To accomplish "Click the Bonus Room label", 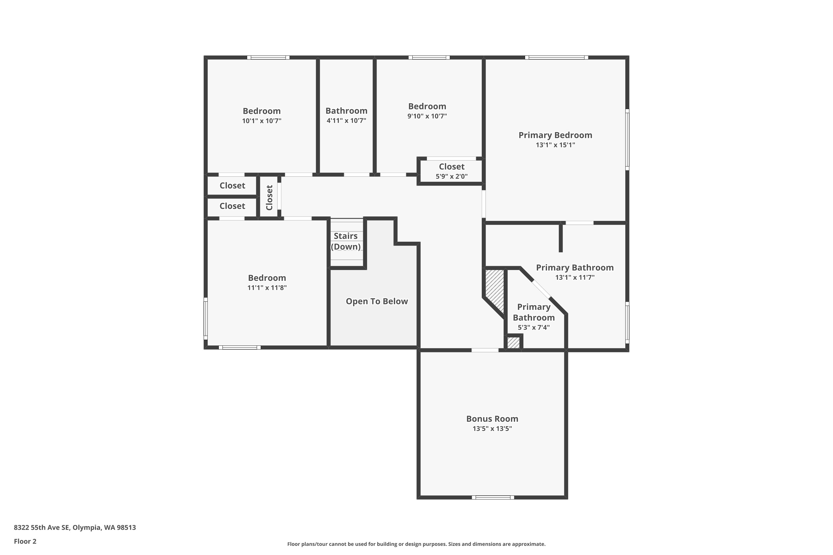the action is (492, 419).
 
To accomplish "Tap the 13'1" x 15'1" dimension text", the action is (555, 145).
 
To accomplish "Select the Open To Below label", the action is (377, 301).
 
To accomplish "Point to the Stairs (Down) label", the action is (346, 241).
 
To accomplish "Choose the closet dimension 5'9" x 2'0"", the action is (451, 176).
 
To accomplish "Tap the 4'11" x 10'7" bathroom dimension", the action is (346, 120).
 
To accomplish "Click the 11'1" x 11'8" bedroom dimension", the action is (267, 287).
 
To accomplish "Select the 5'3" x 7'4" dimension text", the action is (534, 327).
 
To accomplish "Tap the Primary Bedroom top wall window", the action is (556, 57).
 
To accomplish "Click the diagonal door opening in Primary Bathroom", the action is (541, 289).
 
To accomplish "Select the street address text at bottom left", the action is (75, 528).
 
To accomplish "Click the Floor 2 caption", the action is (25, 541).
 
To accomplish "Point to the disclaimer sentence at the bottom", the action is (416, 544).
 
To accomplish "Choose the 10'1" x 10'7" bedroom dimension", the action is (262, 121).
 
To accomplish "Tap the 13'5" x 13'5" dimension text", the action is (492, 429).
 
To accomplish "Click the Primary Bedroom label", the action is (555, 135).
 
